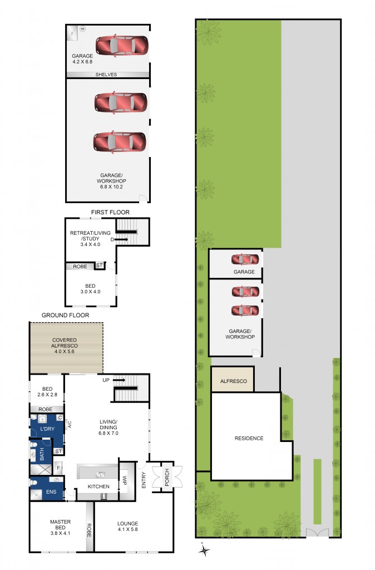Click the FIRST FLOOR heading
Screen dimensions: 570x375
click(111, 212)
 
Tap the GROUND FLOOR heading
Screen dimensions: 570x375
click(65, 315)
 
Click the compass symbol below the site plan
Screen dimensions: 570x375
click(205, 551)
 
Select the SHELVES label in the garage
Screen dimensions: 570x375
click(106, 75)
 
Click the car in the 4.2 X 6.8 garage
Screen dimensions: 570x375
click(122, 46)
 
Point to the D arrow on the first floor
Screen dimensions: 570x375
click(120, 239)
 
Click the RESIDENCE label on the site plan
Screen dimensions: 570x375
click(249, 438)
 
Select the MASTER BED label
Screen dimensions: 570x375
click(60, 525)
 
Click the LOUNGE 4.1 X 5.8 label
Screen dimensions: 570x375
click(127, 527)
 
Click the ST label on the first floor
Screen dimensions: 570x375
click(99, 266)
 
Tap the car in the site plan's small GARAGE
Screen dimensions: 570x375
click(245, 259)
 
